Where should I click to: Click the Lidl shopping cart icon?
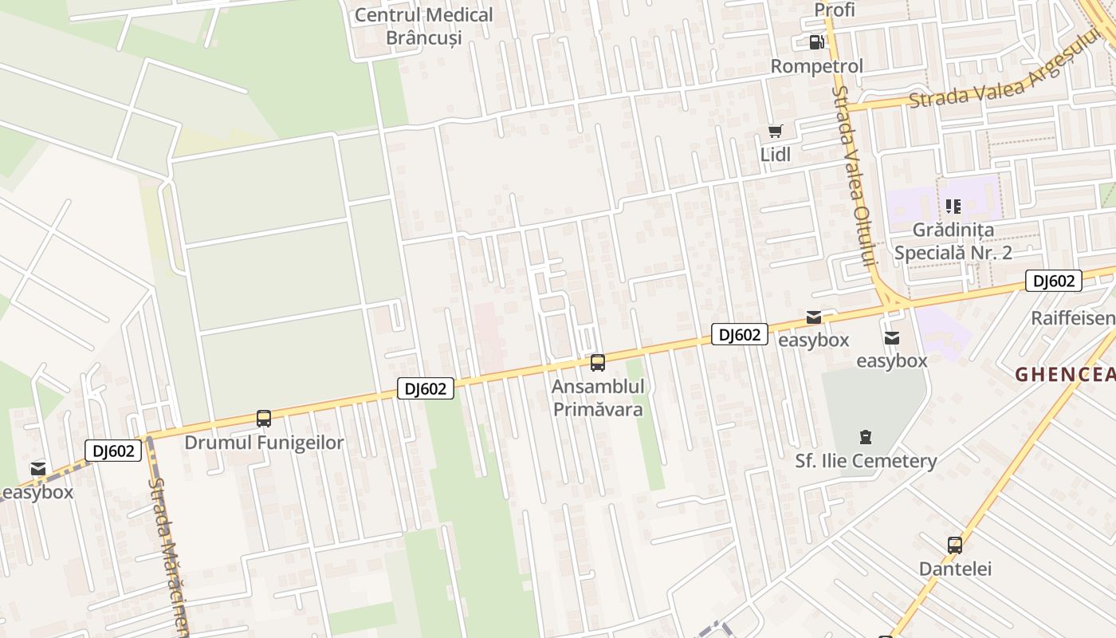click(775, 132)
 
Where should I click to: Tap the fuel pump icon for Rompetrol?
click(816, 42)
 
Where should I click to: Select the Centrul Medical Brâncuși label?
click(423, 26)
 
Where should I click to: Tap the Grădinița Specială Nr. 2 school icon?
click(953, 207)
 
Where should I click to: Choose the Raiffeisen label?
click(1073, 318)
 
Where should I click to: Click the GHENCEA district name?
click(1065, 375)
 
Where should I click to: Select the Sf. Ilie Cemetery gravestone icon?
click(866, 436)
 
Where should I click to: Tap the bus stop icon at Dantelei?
click(955, 545)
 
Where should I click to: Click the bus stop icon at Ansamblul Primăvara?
click(597, 363)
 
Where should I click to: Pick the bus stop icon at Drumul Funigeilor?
click(264, 418)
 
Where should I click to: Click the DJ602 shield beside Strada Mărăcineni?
click(113, 451)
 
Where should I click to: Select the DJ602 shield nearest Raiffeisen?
click(1053, 281)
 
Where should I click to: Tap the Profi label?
click(834, 10)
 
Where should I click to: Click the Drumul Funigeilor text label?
click(264, 443)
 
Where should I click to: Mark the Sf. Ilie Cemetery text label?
click(866, 461)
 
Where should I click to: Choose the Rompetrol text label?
click(816, 66)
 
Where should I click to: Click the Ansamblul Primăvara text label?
click(598, 398)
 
